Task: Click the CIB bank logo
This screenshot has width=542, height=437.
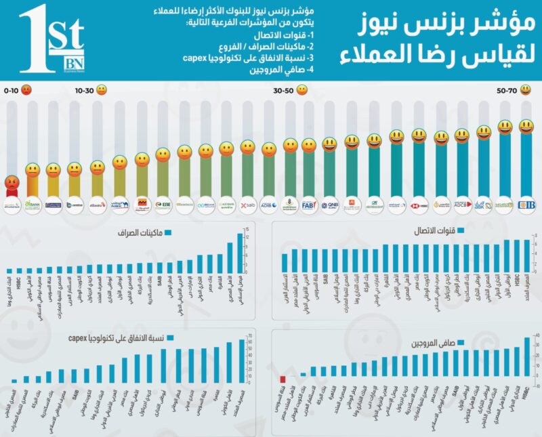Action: [526, 204]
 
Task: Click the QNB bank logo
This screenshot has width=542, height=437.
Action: [330, 204]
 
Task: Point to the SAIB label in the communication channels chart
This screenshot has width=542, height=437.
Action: [325, 277]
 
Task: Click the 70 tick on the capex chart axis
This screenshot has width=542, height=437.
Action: [250, 335]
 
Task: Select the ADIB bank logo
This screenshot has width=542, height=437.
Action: [270, 204]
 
